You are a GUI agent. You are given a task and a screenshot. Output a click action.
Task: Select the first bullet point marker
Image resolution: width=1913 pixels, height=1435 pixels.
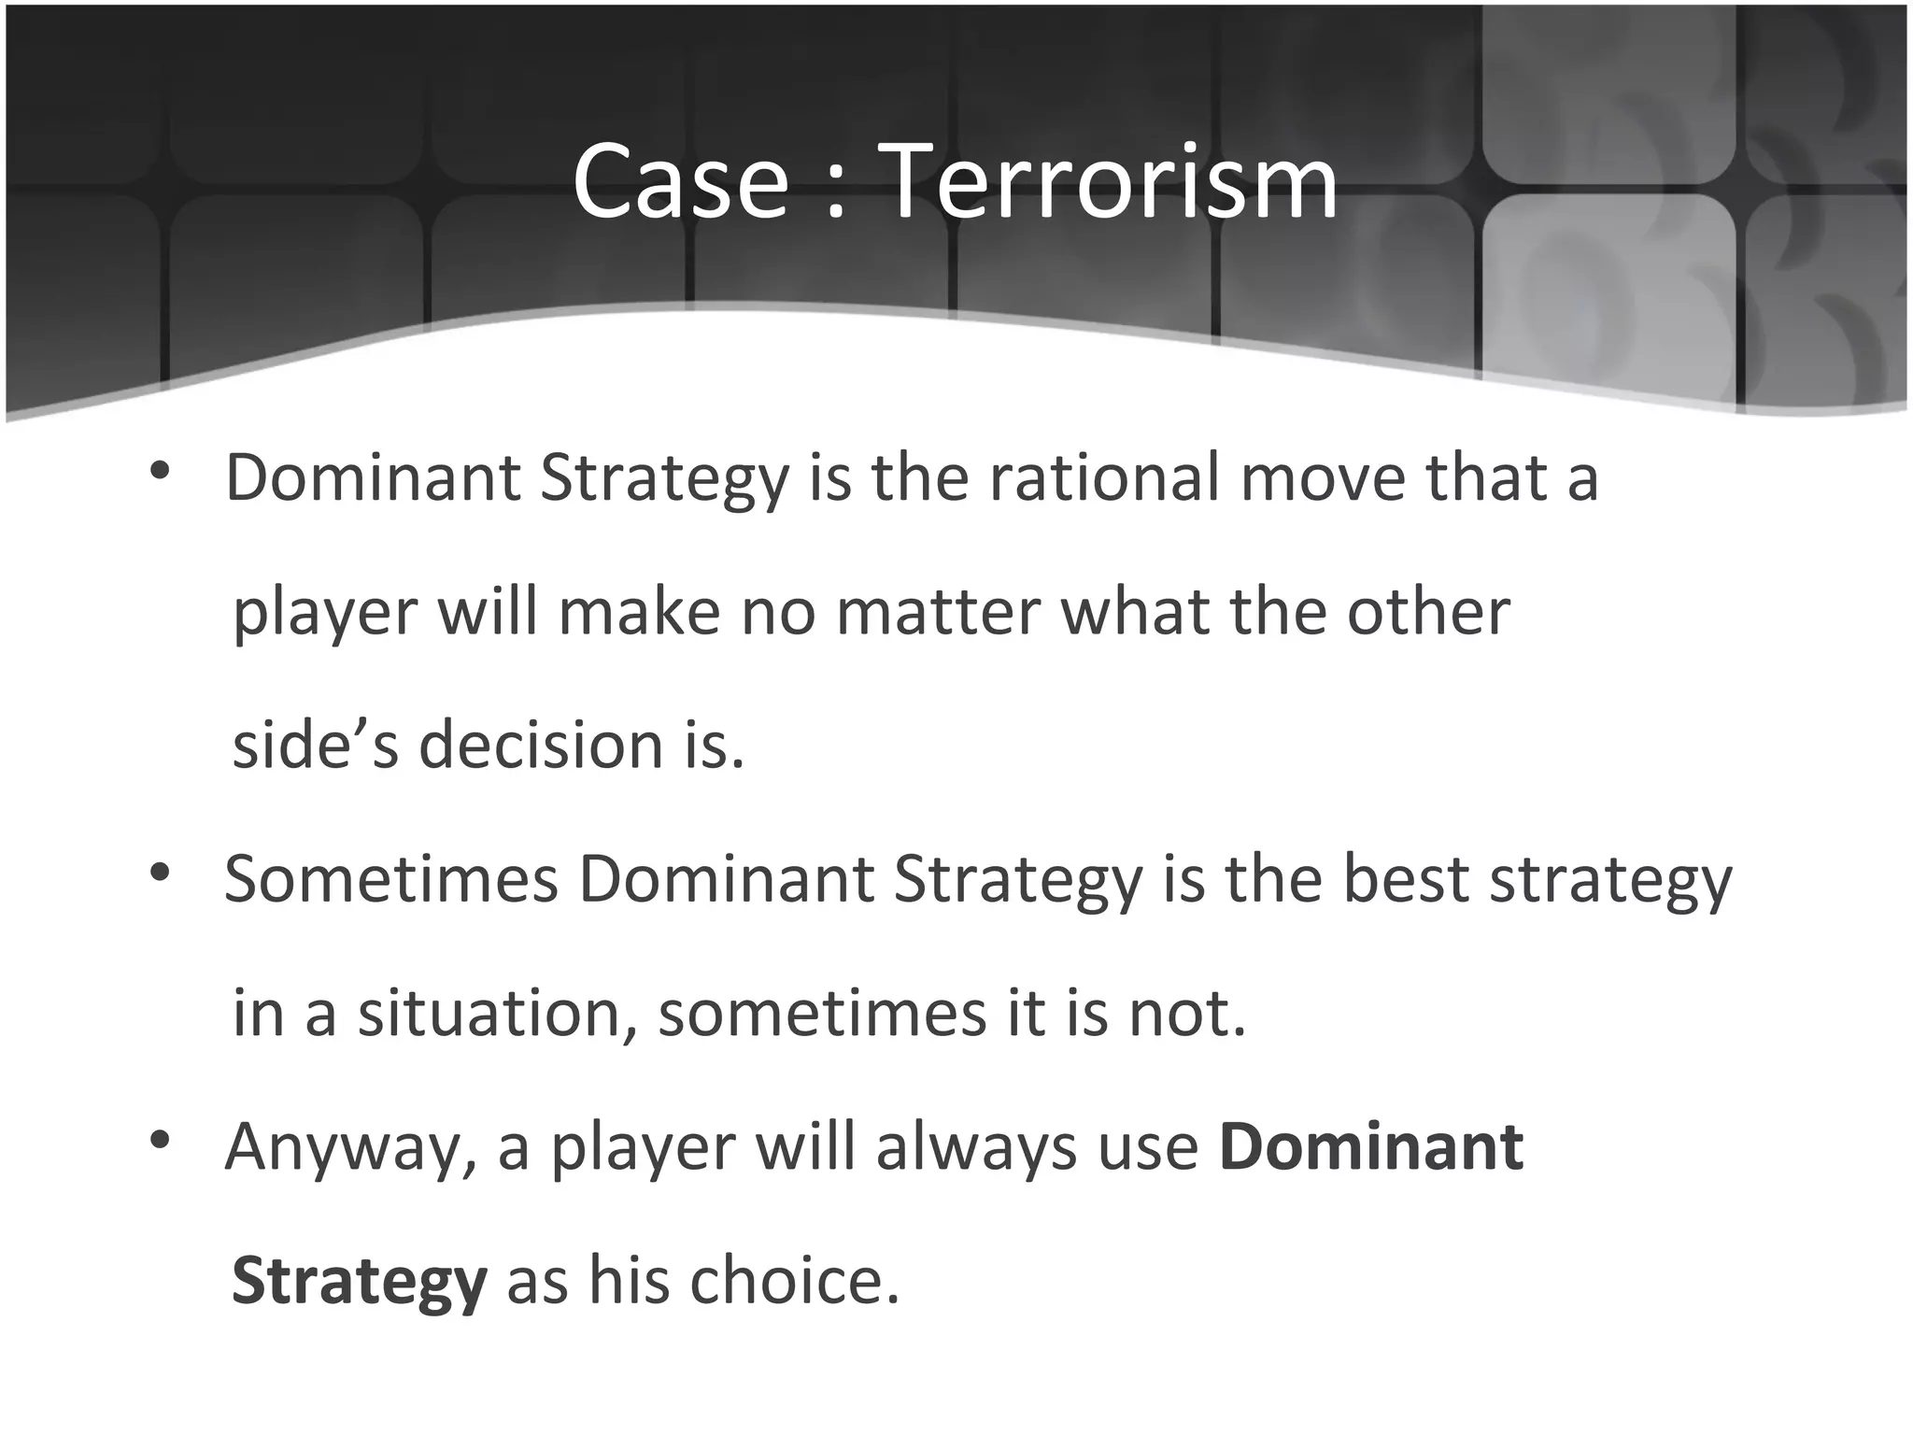pos(160,471)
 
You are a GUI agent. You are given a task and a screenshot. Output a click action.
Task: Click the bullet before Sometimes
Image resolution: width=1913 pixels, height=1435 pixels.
pos(160,873)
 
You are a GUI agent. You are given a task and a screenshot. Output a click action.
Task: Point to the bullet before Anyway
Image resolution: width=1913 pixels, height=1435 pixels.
pos(160,1140)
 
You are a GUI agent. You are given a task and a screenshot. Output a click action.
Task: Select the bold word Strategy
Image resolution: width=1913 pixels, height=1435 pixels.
pos(360,1283)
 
